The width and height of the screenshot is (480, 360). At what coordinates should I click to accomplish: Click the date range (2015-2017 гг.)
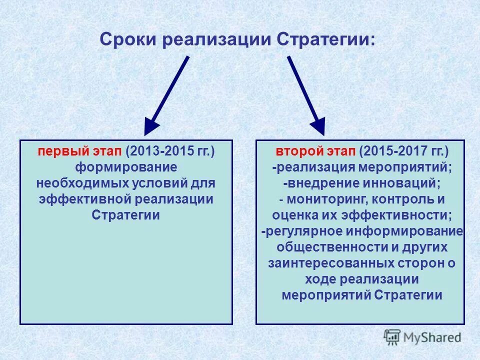click(403, 151)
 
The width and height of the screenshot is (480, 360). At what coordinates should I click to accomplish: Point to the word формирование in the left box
click(126, 167)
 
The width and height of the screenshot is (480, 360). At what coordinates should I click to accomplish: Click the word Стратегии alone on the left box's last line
click(126, 215)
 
